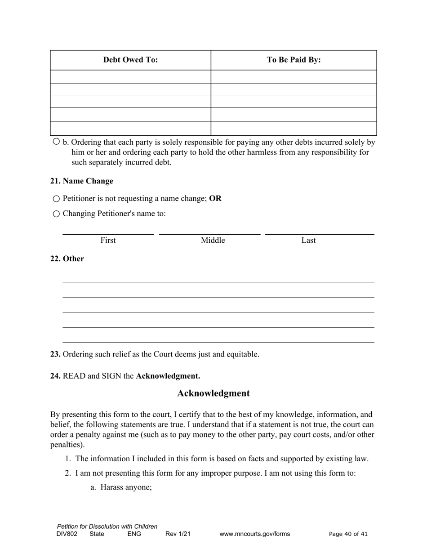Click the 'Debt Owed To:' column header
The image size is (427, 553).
130,60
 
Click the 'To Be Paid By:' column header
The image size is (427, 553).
294,60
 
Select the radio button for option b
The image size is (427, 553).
56,142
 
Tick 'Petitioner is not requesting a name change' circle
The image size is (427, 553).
56,199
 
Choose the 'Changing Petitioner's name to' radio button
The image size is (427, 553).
56,214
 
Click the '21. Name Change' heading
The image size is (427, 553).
81,181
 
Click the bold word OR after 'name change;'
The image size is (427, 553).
215,198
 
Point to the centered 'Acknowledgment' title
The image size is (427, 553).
213,393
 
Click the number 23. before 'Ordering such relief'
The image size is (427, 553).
55,354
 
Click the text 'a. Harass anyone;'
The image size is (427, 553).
121,487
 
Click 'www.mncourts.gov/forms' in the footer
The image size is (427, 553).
254,534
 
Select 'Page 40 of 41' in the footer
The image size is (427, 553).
348,534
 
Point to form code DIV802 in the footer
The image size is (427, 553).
67,534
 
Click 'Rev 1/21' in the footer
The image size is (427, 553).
178,534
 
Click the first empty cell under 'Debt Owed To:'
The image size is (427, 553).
130,76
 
